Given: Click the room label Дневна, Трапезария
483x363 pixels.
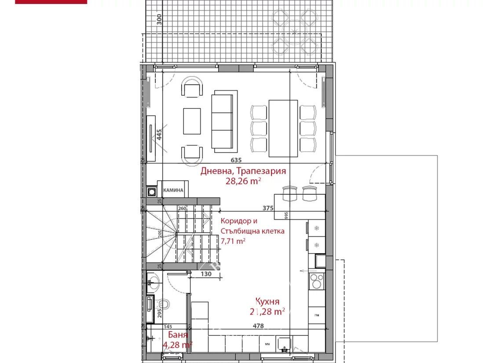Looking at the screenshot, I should click(243, 171).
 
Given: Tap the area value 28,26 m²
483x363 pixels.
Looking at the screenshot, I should click(243, 181).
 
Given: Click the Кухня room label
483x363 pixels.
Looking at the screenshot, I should click(267, 301).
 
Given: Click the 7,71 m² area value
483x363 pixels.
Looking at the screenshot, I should click(233, 240).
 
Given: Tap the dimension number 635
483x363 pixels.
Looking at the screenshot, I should click(236, 160).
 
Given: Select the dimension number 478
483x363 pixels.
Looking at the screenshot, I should click(258, 326).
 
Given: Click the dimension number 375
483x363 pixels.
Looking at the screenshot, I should click(268, 208).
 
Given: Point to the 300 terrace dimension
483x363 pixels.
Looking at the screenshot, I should click(159, 18).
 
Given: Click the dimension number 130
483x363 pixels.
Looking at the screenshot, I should click(206, 274).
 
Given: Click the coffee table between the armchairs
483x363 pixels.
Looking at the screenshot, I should click(192, 121).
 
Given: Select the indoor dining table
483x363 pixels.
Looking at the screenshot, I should click(283, 128).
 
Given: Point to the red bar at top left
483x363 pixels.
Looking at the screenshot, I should click(51, 2).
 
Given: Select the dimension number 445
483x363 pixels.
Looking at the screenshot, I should click(159, 134).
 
